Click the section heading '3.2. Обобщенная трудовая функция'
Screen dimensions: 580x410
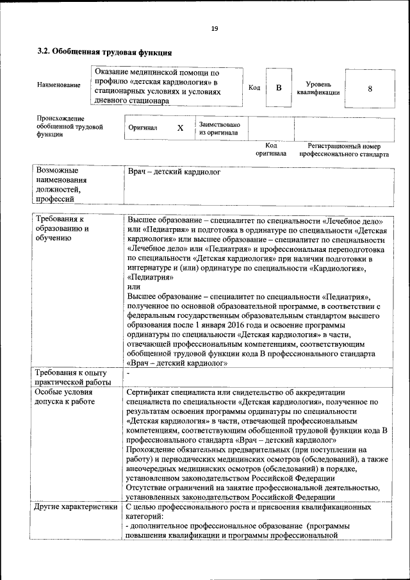pyautogui.click(x=104, y=51)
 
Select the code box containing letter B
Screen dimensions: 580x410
pyautogui.click(x=279, y=88)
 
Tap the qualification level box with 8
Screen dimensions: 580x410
pyautogui.click(x=370, y=88)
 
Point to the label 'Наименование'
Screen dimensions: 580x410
pyautogui.click(x=59, y=85)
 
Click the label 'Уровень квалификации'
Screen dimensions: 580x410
pyautogui.click(x=318, y=88)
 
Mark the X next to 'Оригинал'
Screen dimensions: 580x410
pyautogui.click(x=180, y=128)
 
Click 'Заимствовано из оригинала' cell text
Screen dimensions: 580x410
pyautogui.click(x=220, y=129)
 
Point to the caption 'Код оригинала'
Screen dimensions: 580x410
pyautogui.click(x=271, y=150)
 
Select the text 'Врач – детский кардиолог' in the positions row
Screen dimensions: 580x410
pyautogui.click(x=174, y=172)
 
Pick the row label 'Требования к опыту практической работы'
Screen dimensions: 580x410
pyautogui.click(x=72, y=377)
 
